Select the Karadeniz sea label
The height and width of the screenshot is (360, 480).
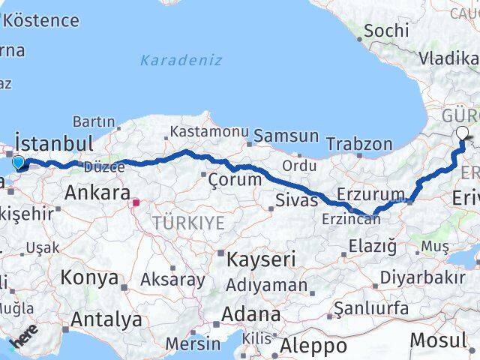click(x=181, y=60)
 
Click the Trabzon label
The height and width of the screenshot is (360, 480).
click(x=359, y=143)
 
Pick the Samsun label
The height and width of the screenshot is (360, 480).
click(x=286, y=136)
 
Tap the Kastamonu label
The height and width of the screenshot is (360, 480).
click(x=209, y=131)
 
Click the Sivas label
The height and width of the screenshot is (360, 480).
click(x=292, y=200)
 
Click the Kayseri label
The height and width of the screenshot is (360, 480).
click(x=261, y=259)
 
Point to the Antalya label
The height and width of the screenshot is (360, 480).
click(x=106, y=319)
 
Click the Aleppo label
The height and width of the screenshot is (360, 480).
click(x=313, y=346)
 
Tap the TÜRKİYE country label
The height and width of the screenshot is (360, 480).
click(x=188, y=222)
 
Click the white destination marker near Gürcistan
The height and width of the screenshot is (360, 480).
click(x=461, y=133)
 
